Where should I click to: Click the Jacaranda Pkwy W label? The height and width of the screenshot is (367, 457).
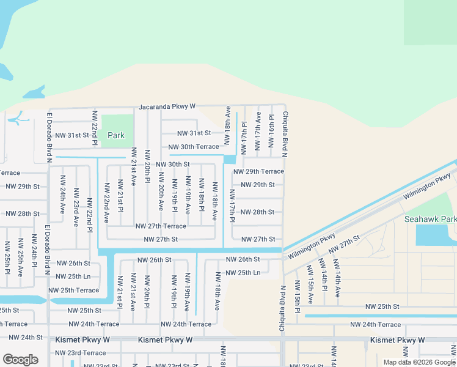[167, 106]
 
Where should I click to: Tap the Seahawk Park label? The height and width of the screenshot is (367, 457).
[430, 219]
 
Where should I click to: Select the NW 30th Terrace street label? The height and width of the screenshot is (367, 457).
[194, 147]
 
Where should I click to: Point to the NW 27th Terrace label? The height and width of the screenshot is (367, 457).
[161, 226]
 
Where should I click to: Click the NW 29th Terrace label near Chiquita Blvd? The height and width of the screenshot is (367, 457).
[258, 172]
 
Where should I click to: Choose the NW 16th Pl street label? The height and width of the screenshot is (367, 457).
[271, 130]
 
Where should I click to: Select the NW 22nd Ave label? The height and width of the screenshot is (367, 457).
[106, 202]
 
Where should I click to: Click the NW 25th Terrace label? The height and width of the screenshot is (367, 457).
[73, 291]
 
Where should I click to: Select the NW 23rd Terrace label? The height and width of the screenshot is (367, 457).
[81, 353]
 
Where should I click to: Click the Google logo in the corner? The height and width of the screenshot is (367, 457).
[20, 360]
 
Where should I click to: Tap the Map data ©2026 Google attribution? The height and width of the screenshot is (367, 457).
[420, 362]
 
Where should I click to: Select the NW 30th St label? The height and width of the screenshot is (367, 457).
[173, 165]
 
